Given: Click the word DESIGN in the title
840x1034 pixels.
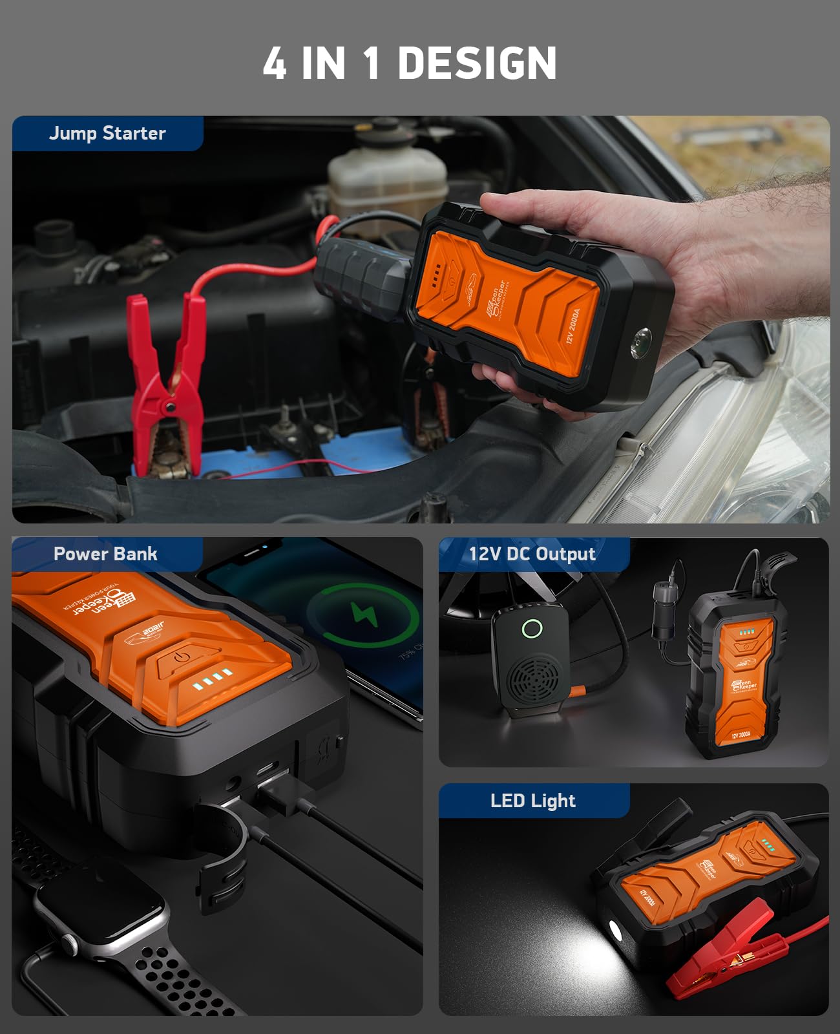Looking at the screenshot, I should point(477,63).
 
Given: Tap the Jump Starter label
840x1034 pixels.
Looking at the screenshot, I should point(107,133).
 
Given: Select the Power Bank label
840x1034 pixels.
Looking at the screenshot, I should point(105,554).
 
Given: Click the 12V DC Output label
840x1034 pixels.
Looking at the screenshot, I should point(532,554).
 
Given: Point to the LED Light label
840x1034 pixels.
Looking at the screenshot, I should point(532,801).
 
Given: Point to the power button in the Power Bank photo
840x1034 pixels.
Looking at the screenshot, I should point(182,656).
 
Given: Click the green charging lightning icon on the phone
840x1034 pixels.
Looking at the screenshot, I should point(364,613).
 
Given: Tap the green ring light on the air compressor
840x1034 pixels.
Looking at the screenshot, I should point(532,628).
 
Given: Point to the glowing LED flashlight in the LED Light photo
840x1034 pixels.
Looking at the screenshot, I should point(614,933).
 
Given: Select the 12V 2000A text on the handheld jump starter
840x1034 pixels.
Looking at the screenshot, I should point(572,326).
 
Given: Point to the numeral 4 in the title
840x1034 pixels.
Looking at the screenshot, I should point(274,63).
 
